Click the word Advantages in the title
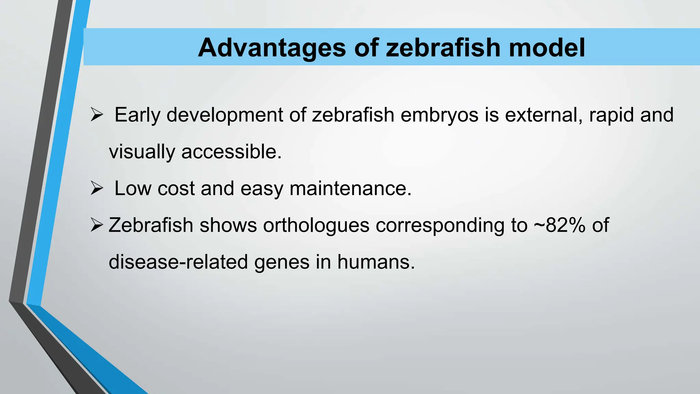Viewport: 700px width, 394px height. [x=272, y=48]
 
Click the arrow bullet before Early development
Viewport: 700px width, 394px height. [x=97, y=115]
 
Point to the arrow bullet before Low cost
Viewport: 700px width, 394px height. [x=97, y=188]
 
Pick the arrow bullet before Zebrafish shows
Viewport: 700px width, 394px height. [x=97, y=225]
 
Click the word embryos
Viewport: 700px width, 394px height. [x=439, y=115]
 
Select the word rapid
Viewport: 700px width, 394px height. [x=611, y=115]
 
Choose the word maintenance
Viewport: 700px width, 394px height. [x=350, y=188]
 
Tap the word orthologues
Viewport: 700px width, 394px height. [x=316, y=225]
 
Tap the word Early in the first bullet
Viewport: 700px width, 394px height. [x=137, y=115]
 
